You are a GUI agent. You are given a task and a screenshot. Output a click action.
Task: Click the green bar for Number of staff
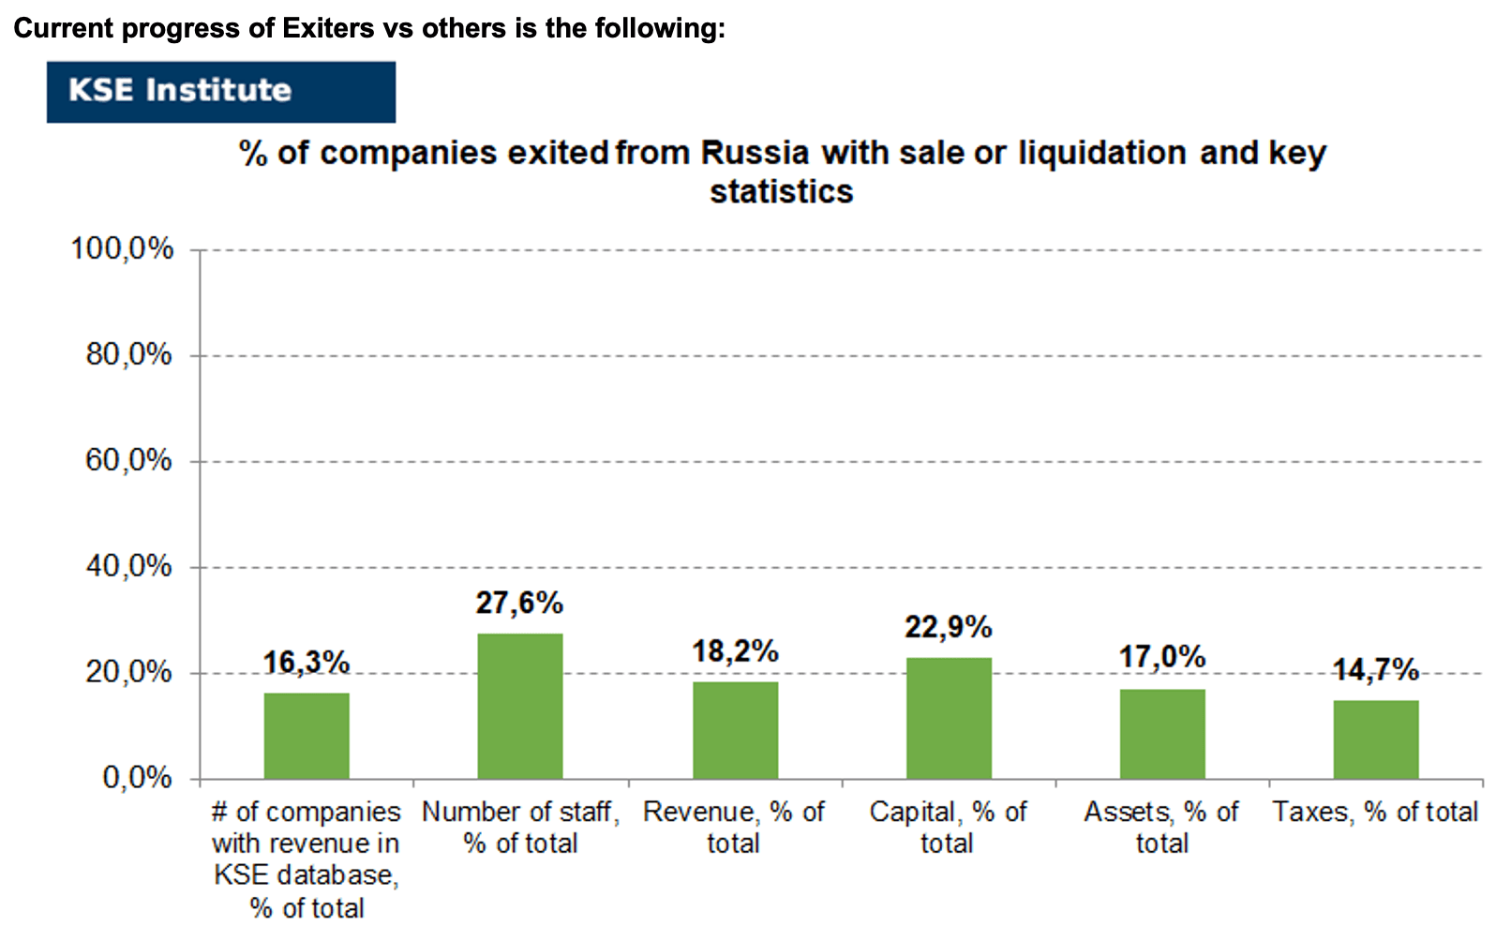click(x=519, y=706)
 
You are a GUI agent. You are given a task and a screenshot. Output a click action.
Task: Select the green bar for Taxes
click(x=1375, y=739)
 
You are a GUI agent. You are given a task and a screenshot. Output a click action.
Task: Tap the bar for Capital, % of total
click(x=949, y=718)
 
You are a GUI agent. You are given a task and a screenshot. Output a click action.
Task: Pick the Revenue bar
click(x=735, y=730)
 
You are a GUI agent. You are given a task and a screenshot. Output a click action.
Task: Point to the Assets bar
click(x=1162, y=734)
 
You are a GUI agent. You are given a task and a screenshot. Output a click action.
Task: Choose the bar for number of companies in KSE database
click(x=307, y=736)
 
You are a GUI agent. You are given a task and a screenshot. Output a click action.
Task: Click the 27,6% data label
click(x=519, y=603)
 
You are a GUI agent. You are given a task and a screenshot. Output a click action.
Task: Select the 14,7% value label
click(x=1376, y=670)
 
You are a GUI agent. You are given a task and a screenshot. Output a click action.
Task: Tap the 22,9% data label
click(x=949, y=627)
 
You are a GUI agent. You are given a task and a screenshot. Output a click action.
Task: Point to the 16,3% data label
click(x=307, y=663)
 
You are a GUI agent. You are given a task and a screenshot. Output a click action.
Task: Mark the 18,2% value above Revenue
click(x=735, y=651)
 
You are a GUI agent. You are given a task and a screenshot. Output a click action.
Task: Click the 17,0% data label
click(x=1162, y=657)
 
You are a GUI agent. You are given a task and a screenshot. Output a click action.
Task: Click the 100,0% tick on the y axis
click(x=122, y=249)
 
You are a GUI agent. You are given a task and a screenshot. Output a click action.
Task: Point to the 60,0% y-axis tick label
click(x=128, y=460)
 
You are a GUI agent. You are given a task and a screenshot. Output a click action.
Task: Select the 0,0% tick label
click(x=138, y=778)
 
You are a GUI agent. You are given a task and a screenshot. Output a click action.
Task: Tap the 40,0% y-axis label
click(x=128, y=566)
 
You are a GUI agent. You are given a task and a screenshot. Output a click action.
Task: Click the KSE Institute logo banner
click(x=221, y=92)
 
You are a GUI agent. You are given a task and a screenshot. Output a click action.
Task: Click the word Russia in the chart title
click(x=755, y=153)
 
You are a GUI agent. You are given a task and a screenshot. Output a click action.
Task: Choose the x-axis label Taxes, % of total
click(x=1375, y=812)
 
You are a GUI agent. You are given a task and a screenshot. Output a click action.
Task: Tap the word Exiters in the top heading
click(x=328, y=28)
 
